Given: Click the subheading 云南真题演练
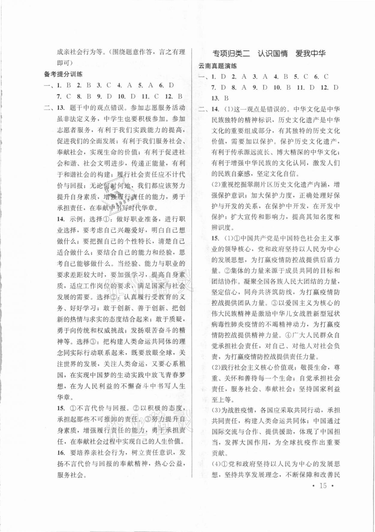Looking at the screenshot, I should tap(217, 66).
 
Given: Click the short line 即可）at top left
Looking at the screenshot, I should tap(65, 63).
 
